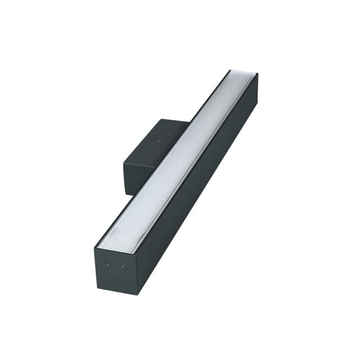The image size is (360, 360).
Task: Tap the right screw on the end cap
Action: click(121, 265)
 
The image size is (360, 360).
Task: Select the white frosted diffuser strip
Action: click(180, 157)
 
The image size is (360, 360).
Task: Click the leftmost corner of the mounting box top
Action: click(124, 163)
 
